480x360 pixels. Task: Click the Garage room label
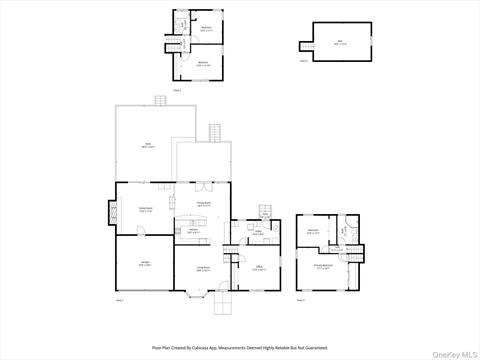(145, 265)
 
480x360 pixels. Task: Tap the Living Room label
(203, 268)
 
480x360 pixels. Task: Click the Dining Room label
(203, 205)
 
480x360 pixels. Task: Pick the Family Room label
(145, 210)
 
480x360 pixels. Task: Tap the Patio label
(147, 145)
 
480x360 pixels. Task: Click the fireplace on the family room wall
(112, 210)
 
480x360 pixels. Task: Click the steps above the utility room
(266, 212)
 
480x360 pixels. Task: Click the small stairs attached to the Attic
(303, 46)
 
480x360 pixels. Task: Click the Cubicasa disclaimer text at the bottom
(240, 347)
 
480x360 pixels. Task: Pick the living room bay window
(195, 292)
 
